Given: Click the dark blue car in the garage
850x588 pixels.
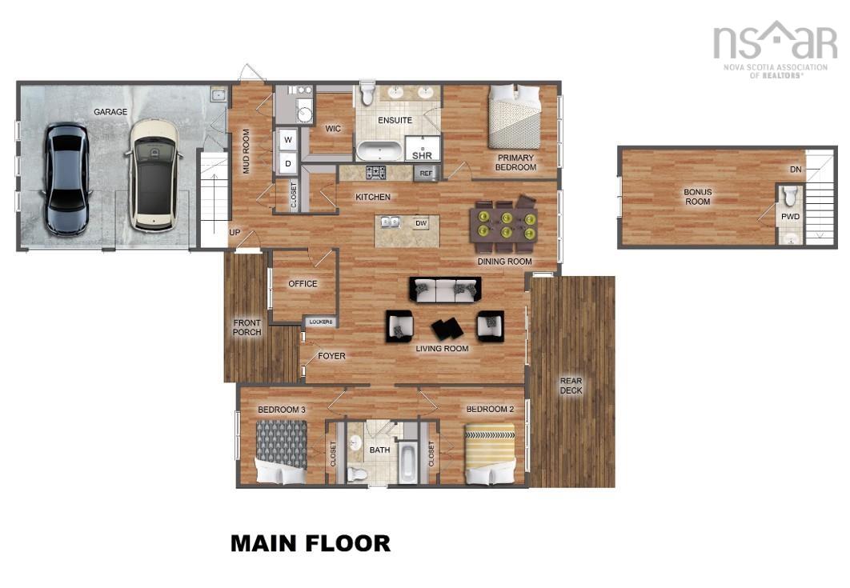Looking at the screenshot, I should click(x=66, y=178).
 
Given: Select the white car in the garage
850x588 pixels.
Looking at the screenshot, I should click(x=154, y=174).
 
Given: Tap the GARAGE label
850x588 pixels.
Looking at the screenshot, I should click(x=110, y=112).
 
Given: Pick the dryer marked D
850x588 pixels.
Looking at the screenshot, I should click(x=287, y=164).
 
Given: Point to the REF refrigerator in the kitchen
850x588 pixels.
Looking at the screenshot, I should click(x=425, y=173).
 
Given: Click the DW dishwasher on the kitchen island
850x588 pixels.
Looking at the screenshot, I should click(x=421, y=224).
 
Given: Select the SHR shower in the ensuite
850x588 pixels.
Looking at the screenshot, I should click(x=421, y=150).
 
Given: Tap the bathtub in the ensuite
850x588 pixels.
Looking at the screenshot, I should click(x=379, y=150).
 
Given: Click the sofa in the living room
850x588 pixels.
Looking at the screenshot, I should click(x=445, y=289).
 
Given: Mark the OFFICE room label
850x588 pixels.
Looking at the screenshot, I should click(x=303, y=284).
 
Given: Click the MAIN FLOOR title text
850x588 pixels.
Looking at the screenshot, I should click(x=311, y=544).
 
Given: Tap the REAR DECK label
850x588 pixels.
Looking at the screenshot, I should click(x=571, y=386).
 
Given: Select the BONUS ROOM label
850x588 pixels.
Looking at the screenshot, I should click(x=697, y=197).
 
